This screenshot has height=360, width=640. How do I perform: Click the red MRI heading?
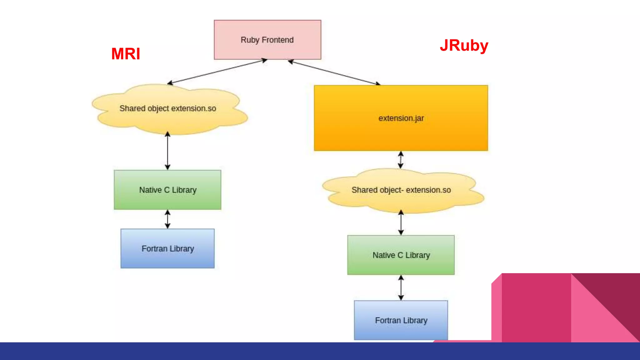tap(126, 54)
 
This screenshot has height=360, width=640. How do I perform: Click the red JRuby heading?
tap(464, 46)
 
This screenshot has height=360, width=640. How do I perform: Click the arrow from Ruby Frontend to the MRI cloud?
tap(217, 71)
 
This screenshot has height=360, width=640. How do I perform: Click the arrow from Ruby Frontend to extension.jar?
tap(334, 72)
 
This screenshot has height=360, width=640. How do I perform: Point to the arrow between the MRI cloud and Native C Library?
tap(167, 151)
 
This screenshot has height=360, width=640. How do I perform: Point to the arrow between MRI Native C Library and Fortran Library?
tap(167, 219)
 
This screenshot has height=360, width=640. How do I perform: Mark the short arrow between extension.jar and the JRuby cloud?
tap(401, 160)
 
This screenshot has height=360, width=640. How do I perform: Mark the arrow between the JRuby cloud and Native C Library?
tap(401, 223)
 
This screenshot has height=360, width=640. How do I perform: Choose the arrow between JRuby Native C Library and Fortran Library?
tap(401, 288)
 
